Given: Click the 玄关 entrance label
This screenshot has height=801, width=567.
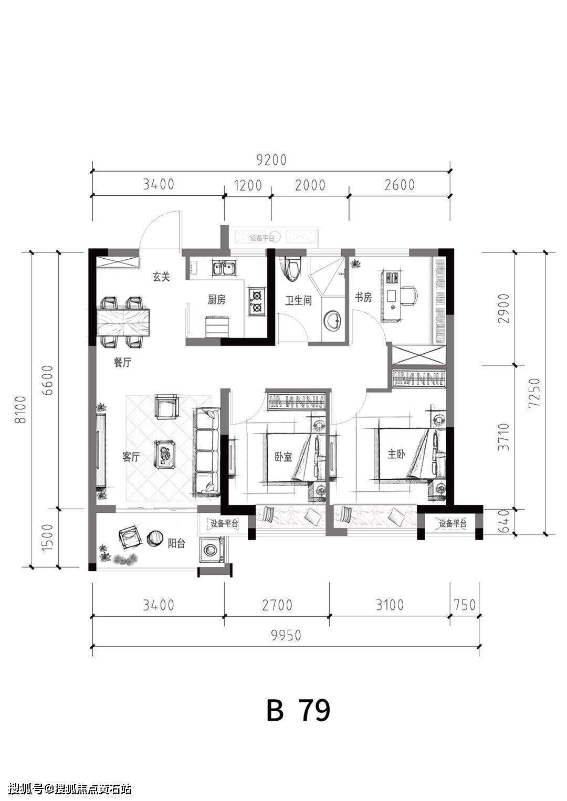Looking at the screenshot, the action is [x=161, y=277].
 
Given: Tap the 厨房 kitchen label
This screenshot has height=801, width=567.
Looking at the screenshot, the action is [x=217, y=299].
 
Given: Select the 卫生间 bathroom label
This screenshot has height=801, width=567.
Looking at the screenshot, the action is [x=298, y=300].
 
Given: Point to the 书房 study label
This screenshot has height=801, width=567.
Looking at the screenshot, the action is [x=363, y=297].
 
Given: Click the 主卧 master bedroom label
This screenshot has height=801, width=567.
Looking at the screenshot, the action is [x=396, y=454].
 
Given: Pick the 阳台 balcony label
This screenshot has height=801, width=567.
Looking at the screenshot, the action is [x=176, y=544].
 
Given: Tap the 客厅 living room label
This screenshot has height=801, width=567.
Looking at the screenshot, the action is [x=131, y=457].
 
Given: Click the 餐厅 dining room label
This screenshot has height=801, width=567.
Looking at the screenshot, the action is [x=122, y=363].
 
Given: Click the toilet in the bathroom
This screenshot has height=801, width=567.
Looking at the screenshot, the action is [x=292, y=269].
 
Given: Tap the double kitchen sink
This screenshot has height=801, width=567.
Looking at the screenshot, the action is [x=224, y=267].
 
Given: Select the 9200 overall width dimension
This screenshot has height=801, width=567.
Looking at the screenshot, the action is [x=271, y=160].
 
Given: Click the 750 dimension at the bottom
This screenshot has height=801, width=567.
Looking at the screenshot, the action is [x=464, y=605].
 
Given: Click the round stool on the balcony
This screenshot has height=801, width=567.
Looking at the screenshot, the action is [x=155, y=538].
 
